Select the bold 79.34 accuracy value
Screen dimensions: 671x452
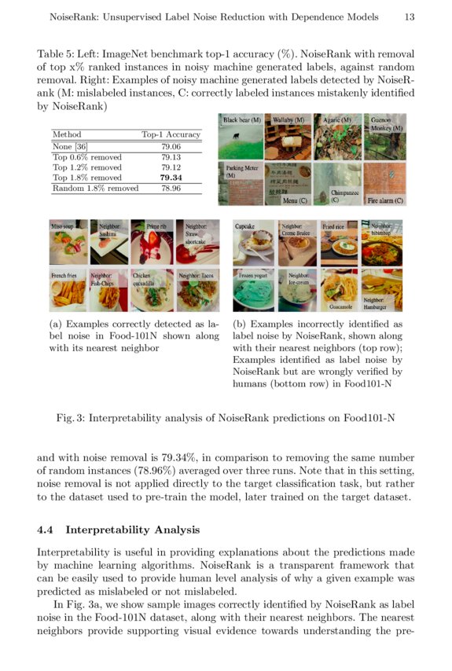pyautogui.click(x=171, y=178)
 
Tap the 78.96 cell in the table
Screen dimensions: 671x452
pyautogui.click(x=171, y=189)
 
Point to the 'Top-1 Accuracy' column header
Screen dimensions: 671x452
pyautogui.click(x=171, y=134)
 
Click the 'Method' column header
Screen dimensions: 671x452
pyautogui.click(x=66, y=134)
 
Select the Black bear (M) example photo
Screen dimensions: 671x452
pyautogui.click(x=241, y=137)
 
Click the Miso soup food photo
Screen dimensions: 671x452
pyautogui.click(x=68, y=243)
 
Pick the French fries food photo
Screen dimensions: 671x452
pyautogui.click(x=68, y=291)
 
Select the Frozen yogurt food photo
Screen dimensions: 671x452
pyautogui.click(x=254, y=291)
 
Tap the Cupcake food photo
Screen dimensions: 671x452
pyautogui.click(x=254, y=243)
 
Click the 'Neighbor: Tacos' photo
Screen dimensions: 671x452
pyautogui.click(x=196, y=291)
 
